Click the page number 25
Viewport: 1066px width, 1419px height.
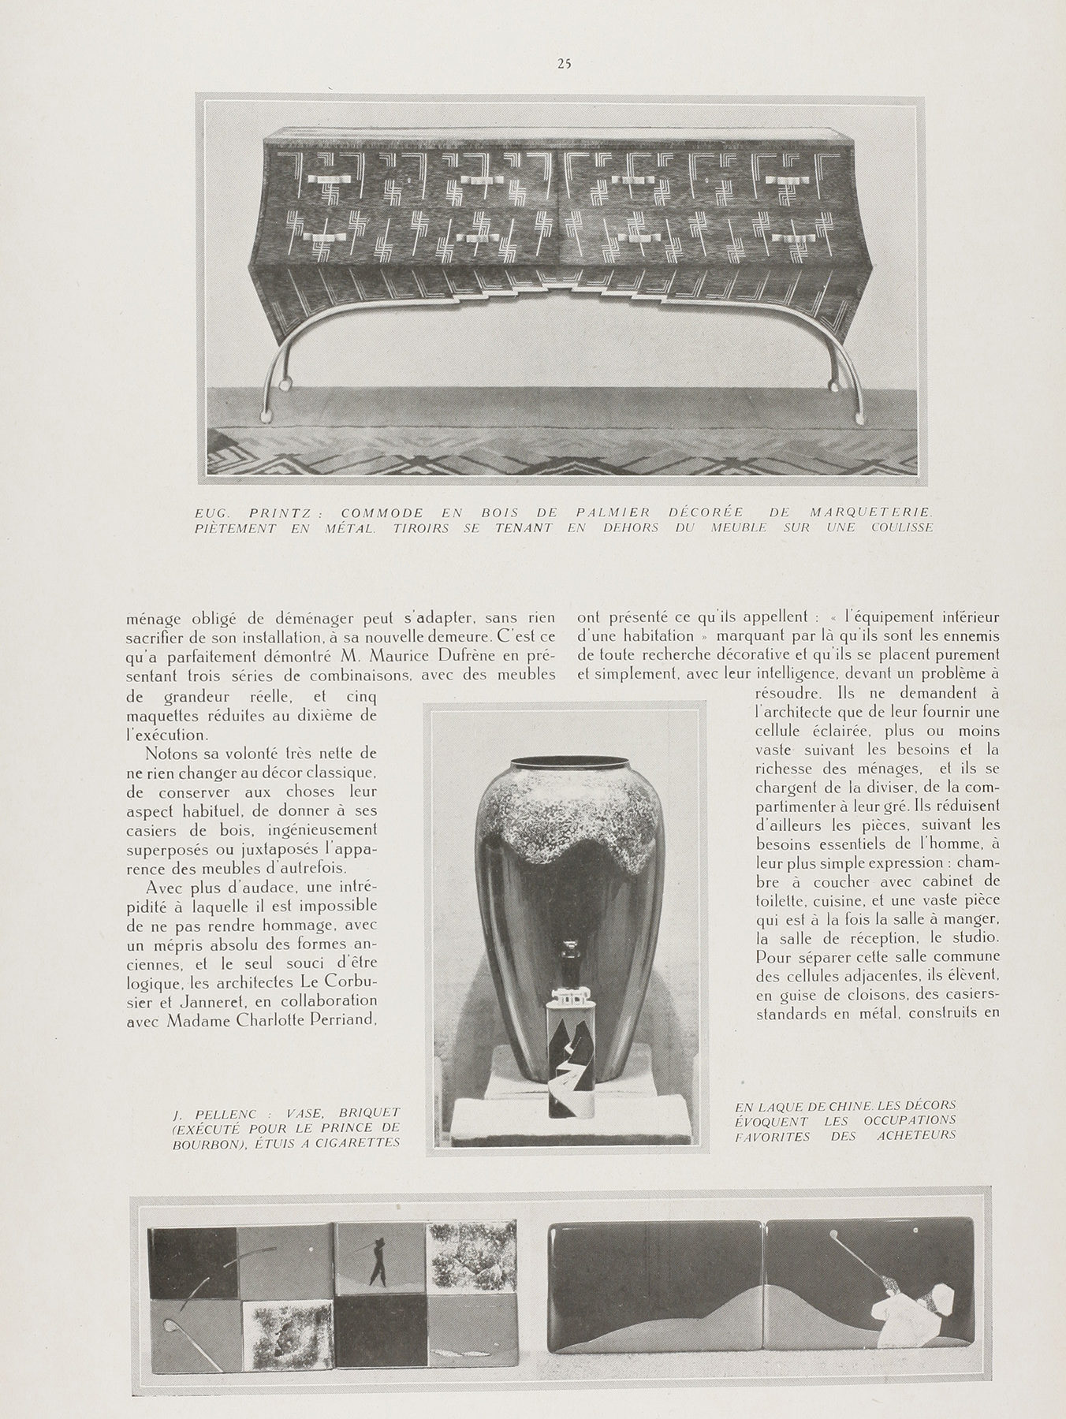(563, 65)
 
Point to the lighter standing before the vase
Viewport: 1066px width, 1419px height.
(572, 1048)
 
